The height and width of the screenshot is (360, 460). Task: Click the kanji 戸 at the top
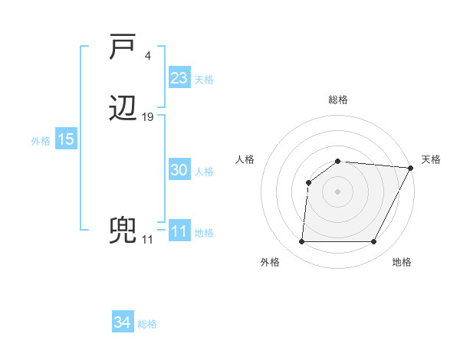pos(123,48)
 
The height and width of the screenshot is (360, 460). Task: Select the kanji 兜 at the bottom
pos(123,231)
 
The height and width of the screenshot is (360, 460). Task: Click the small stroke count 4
pos(148,56)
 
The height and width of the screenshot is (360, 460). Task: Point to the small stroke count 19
pos(148,117)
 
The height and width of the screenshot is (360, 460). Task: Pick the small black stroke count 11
pos(147,240)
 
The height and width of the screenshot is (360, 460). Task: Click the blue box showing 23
pos(179,77)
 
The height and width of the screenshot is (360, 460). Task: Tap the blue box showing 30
pos(179,170)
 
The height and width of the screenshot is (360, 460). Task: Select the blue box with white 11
pos(179,231)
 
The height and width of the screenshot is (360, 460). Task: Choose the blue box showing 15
pos(66,139)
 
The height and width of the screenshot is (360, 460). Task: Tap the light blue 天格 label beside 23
pos(204,79)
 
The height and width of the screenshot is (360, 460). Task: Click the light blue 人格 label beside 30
pos(204,172)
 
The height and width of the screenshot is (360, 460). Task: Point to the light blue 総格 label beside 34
pos(147,324)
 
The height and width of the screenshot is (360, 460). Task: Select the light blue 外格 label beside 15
pos(41,141)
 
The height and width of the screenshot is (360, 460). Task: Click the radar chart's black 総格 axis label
pos(338,100)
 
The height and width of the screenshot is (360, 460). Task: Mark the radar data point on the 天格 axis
pos(411,168)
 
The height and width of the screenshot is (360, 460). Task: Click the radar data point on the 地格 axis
pos(374,242)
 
